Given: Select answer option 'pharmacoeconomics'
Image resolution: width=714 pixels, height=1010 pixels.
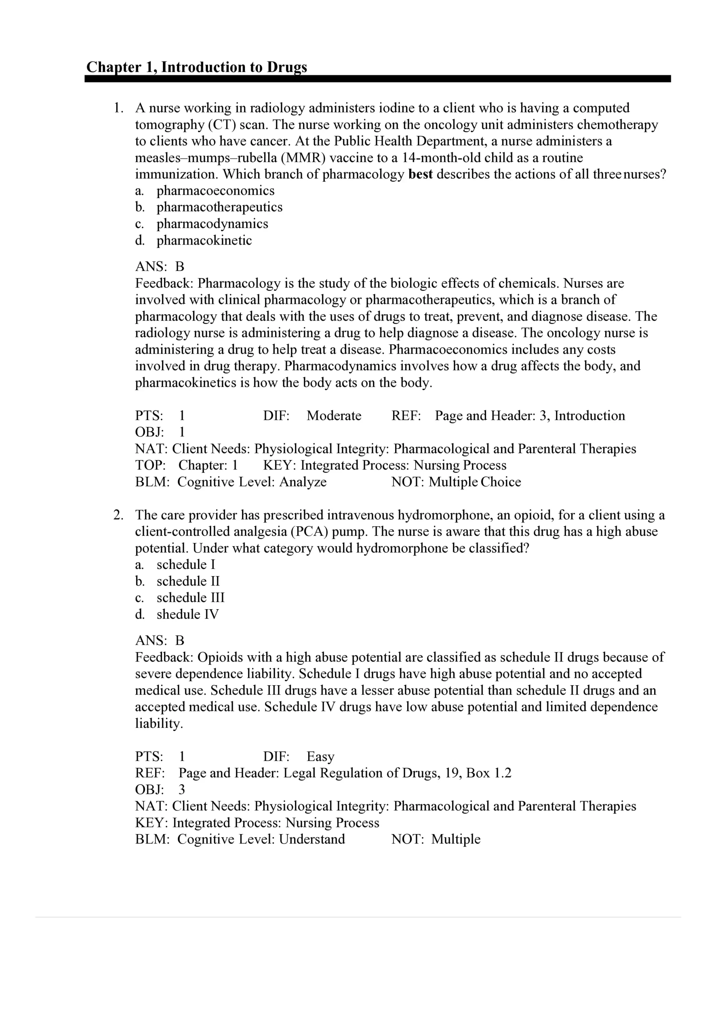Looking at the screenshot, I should coord(215,191).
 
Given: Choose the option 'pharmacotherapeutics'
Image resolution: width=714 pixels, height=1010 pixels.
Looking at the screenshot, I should coord(219,207).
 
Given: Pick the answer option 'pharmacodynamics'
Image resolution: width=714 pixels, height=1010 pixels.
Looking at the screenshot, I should coord(213,224).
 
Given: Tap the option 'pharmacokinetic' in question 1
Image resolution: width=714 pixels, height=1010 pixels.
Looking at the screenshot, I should coord(204,241).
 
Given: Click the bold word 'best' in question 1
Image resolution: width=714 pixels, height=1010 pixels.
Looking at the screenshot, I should coord(420,174).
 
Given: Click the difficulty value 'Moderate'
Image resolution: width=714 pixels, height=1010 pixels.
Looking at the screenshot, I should coord(334,416).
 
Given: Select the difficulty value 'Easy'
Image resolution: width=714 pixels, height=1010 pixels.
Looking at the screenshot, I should coord(320,757).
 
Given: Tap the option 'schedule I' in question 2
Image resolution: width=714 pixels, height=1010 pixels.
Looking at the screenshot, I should coord(186,565).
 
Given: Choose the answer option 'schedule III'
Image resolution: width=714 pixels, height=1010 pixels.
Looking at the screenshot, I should coord(190,598).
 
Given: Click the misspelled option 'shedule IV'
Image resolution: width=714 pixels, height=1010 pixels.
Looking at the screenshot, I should coord(187,615).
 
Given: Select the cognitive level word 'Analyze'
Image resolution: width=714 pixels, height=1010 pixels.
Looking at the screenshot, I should coord(303,482).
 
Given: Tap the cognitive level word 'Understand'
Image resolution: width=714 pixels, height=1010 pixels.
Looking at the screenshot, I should coord(312,839).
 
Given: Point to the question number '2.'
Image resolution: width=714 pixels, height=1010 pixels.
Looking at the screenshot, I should coord(118,515).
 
